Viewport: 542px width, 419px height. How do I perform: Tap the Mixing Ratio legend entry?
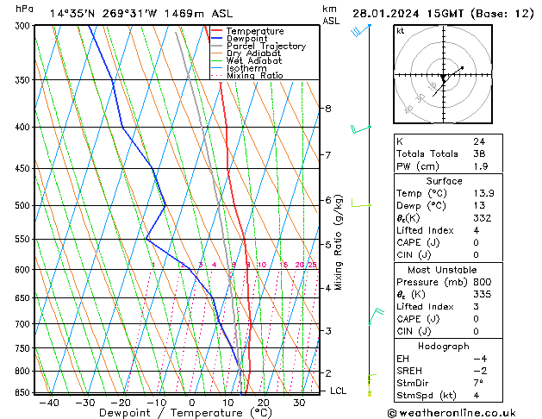[254, 76]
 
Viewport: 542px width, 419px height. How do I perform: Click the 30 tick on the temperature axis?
[299, 402]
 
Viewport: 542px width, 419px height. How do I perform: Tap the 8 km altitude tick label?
[327, 109]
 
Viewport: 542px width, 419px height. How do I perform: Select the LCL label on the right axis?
[340, 391]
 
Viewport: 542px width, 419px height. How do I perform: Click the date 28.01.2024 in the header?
[385, 13]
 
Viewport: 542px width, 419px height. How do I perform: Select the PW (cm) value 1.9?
[479, 166]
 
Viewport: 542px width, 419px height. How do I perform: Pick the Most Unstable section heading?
[443, 270]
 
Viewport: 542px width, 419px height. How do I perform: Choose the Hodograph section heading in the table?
[443, 346]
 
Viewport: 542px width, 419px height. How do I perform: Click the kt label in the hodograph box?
[400, 30]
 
